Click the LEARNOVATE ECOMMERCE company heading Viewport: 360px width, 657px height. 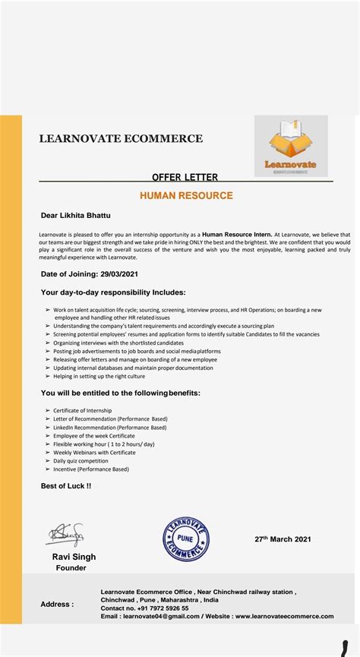point(121,139)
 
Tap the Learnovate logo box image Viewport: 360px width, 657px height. point(290,146)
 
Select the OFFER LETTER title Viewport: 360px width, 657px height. point(185,177)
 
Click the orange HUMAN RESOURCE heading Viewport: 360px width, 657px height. point(186,196)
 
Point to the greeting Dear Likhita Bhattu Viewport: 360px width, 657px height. point(76,215)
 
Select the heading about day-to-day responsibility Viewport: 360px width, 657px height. point(113,292)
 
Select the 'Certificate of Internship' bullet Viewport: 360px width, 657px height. point(82,410)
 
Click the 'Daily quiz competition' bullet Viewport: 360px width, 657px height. point(81,460)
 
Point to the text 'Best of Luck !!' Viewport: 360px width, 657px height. point(66,485)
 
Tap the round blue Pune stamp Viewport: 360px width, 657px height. point(185,539)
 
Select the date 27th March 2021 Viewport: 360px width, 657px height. point(283,539)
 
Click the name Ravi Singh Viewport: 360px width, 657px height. point(74,557)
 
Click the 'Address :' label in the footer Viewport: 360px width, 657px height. point(57,605)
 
